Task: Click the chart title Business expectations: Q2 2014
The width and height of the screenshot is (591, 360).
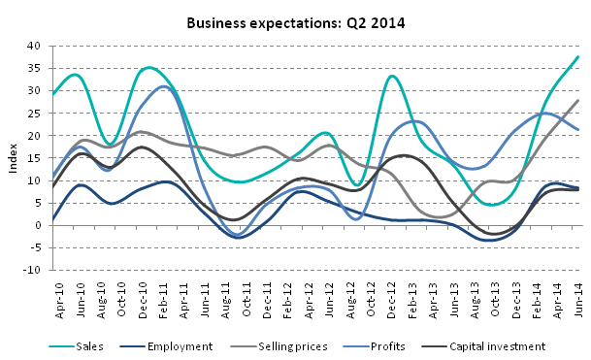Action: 296,21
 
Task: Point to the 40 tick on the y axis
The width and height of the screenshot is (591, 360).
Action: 33,46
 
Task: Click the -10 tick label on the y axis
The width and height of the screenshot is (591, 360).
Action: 31,270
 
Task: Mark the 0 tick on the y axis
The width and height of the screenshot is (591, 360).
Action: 36,225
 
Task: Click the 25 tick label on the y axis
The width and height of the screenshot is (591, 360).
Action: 33,114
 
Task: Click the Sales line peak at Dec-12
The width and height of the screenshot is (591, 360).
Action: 391,76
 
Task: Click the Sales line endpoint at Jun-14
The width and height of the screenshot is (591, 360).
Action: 579,56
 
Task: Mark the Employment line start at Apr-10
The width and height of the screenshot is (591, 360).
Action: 52,220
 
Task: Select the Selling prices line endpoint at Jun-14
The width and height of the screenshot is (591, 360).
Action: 579,100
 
